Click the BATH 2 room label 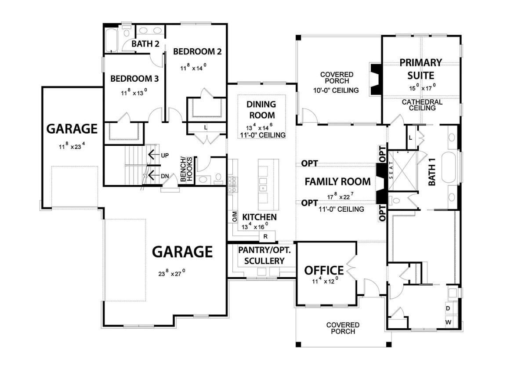click(x=145, y=43)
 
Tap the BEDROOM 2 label click(x=197, y=51)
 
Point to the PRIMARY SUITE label click(x=420, y=69)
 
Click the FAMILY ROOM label click(x=337, y=181)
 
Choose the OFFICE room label click(x=324, y=270)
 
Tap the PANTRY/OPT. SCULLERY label click(x=261, y=255)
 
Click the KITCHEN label click(x=259, y=217)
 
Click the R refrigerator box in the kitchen click(x=265, y=236)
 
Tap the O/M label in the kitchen click(x=234, y=217)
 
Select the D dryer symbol click(x=448, y=308)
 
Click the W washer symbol click(x=448, y=322)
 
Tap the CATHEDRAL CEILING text click(x=422, y=105)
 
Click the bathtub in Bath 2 click(x=112, y=40)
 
